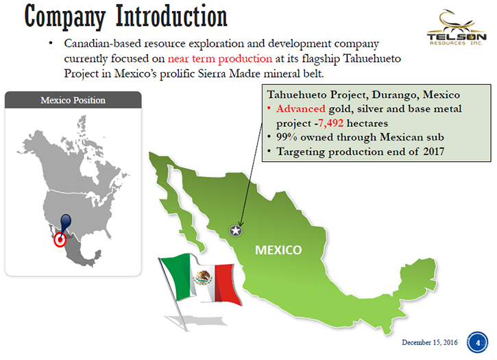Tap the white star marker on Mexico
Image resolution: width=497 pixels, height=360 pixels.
[236, 230]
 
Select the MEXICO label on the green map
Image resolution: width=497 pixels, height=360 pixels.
[278, 250]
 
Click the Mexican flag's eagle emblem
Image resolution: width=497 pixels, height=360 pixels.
[203, 278]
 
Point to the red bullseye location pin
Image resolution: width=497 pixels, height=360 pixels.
[60, 239]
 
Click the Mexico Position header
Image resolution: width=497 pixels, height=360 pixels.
[73, 100]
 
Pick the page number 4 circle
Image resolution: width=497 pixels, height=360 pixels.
[477, 342]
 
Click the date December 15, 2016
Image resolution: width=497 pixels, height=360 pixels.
[430, 343]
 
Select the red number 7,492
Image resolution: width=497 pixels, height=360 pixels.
[331, 123]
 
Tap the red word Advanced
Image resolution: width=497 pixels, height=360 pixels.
[301, 109]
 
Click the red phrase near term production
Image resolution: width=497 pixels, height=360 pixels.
[219, 59]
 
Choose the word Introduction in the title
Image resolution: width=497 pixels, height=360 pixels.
[171, 16]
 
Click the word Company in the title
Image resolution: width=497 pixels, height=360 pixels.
[65, 17]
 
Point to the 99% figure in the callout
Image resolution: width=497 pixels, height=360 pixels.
[287, 137]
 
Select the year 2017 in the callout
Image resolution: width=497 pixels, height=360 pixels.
[433, 152]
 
